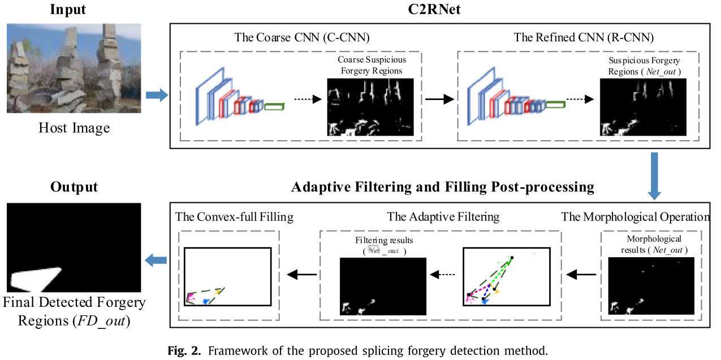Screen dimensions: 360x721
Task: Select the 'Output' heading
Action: (74, 187)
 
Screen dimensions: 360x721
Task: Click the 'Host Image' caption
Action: (74, 128)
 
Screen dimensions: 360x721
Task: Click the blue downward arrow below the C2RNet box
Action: (654, 175)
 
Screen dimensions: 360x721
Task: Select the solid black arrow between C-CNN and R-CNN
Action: (440, 98)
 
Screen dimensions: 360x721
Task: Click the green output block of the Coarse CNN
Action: (275, 106)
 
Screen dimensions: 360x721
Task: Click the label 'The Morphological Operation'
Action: (636, 217)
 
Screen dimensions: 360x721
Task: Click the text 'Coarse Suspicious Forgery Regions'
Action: (372, 65)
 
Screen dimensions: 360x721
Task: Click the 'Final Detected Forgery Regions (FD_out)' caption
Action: (74, 312)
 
